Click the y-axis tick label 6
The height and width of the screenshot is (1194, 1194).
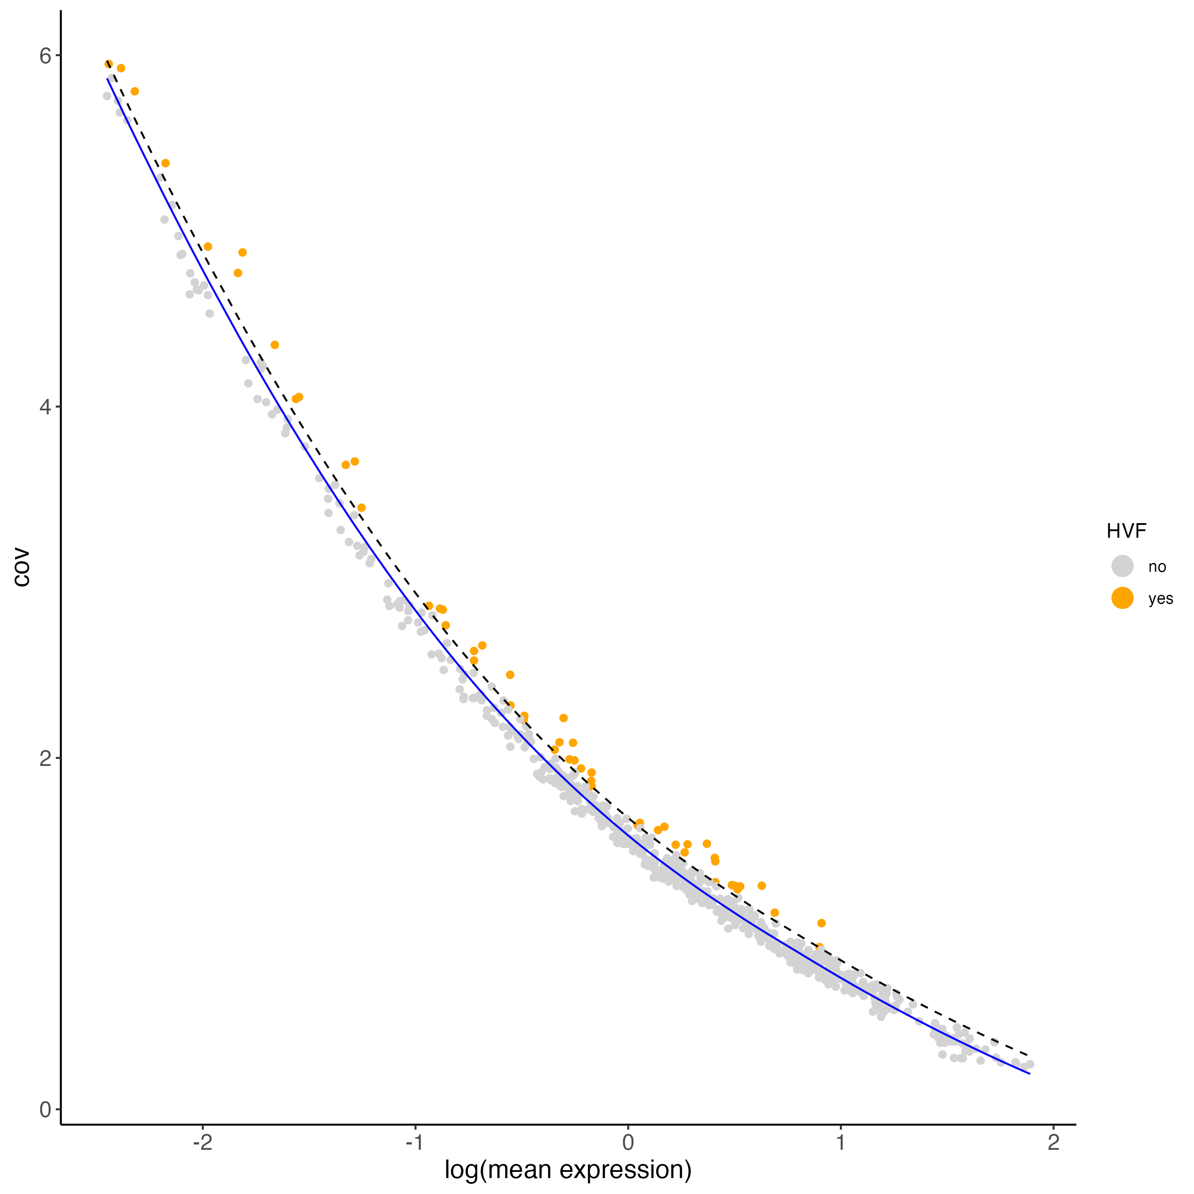[x=45, y=56]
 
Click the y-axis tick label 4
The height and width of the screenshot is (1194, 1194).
[x=45, y=407]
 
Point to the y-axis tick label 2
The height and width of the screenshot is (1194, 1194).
[x=45, y=758]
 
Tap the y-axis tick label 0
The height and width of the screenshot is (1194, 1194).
[x=45, y=1110]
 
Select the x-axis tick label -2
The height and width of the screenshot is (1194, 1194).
[x=202, y=1142]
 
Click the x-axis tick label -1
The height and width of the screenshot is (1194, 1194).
[x=415, y=1142]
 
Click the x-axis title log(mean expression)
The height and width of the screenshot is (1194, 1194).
[x=568, y=1170]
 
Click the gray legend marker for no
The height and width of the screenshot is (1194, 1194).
[x=1122, y=566]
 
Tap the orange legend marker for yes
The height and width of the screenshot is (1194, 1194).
[x=1122, y=598]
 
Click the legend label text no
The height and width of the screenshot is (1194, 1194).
[x=1157, y=567]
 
